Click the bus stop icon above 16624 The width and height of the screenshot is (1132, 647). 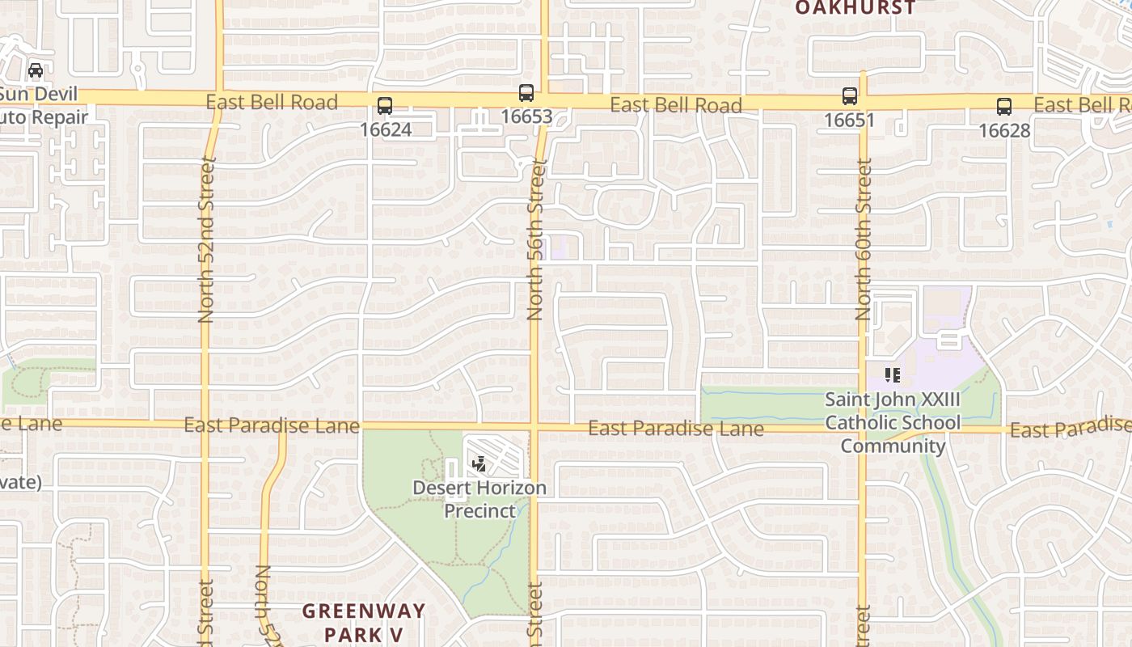tap(385, 106)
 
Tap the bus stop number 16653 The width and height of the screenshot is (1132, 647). tap(526, 116)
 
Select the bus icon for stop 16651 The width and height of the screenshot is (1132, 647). tap(850, 96)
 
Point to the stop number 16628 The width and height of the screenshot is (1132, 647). tap(1004, 129)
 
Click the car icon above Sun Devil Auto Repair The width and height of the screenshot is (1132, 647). tap(36, 70)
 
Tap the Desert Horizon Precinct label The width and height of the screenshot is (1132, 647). tap(479, 499)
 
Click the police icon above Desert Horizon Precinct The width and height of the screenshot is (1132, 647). tap(479, 464)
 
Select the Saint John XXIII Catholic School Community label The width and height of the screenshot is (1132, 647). tap(893, 422)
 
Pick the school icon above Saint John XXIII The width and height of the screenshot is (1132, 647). tap(893, 375)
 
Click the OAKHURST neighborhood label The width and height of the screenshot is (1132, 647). tap(855, 8)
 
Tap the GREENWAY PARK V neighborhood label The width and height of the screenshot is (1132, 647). tap(364, 621)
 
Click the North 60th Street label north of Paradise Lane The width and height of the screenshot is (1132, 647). tap(864, 239)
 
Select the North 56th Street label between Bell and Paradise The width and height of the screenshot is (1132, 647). tap(534, 239)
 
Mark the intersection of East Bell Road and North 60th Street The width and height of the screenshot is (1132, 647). tap(863, 104)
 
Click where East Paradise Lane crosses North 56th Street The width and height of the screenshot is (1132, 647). tap(534, 426)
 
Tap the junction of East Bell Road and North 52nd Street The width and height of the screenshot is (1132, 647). tap(219, 98)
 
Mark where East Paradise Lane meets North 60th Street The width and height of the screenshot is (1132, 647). tap(864, 428)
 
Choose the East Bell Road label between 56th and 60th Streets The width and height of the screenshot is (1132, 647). tap(676, 105)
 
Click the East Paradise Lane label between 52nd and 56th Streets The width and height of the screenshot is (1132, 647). tap(272, 425)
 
